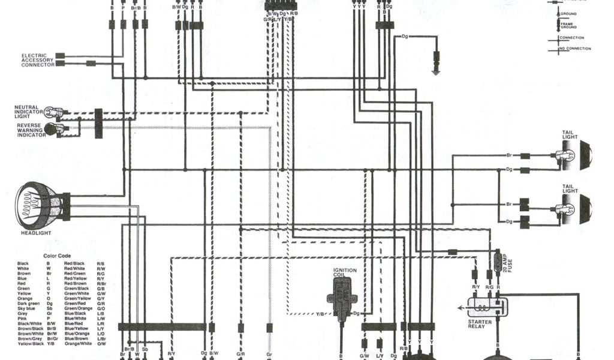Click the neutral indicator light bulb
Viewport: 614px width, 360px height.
coord(56,112)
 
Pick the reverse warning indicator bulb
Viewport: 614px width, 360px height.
coord(56,128)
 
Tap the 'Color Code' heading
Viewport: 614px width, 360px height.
coord(61,256)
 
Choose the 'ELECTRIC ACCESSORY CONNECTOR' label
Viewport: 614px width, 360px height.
coord(38,60)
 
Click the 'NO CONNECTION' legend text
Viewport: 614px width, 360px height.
coord(575,48)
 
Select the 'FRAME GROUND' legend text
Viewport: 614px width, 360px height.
coord(568,25)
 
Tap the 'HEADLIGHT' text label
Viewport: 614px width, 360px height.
coord(36,233)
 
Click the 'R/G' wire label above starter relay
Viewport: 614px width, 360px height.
coord(490,287)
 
